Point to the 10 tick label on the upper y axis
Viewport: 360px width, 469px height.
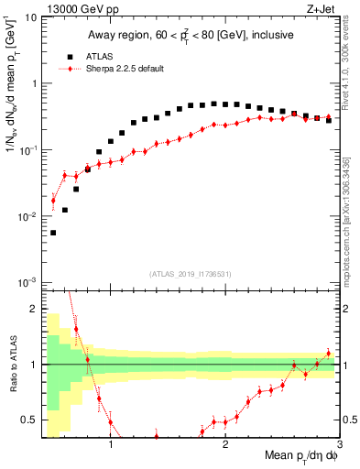(31, 17)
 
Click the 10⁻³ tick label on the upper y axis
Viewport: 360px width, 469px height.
(28, 282)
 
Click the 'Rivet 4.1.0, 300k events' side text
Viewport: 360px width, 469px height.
(352, 64)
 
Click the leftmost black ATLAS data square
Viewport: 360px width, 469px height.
(53, 233)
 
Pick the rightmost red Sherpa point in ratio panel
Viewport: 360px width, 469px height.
(329, 353)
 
